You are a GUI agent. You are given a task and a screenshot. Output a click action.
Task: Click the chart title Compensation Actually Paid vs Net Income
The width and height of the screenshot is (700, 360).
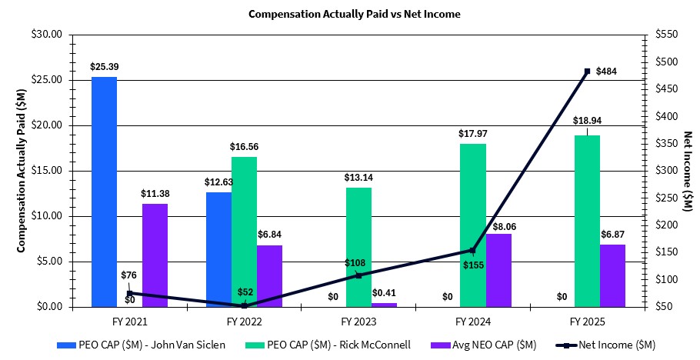(x=349, y=14)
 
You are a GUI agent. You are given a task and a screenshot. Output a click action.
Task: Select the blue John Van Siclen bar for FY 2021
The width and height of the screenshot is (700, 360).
(x=104, y=192)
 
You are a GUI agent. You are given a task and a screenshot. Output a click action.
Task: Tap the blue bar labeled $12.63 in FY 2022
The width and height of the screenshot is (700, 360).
(x=218, y=249)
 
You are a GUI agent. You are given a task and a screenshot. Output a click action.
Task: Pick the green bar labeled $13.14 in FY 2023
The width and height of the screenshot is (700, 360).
(x=358, y=247)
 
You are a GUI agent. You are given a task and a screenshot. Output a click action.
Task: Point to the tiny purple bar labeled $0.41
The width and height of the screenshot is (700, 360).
(x=384, y=305)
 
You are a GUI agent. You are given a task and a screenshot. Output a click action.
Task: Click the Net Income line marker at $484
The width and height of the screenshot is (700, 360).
(x=587, y=72)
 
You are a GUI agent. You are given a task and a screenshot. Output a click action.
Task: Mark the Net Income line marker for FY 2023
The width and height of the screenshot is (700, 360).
(x=358, y=275)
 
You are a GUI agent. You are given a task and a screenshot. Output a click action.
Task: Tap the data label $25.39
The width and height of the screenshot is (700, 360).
(x=104, y=68)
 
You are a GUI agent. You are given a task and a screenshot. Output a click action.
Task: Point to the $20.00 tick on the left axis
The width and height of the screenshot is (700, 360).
(x=50, y=125)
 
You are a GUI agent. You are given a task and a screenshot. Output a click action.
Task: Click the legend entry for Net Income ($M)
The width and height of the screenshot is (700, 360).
(x=615, y=344)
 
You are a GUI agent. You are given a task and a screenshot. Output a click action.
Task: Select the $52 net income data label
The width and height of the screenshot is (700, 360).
(x=244, y=292)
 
